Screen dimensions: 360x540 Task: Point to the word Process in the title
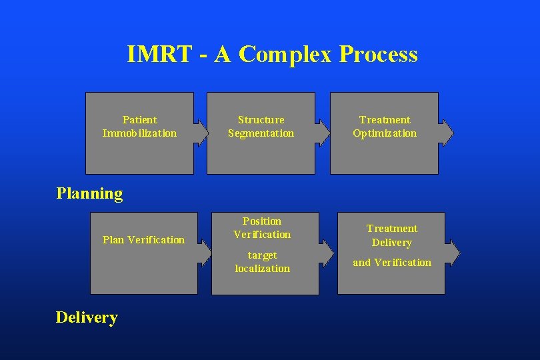378,55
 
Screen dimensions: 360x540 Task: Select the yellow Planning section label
90,194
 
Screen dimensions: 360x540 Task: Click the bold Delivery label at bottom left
87,317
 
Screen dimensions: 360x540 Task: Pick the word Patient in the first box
140,120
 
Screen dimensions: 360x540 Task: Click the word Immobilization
140,133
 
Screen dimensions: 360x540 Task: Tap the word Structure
261,120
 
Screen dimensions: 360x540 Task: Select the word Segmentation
261,133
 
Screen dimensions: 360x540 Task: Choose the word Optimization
385,133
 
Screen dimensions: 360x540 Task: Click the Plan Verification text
143,240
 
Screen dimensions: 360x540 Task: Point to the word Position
262,221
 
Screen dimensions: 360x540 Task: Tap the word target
262,255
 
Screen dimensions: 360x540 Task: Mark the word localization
262,269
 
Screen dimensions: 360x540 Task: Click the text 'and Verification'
392,263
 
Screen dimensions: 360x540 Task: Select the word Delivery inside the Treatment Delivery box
392,243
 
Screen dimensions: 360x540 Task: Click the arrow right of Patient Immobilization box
201,132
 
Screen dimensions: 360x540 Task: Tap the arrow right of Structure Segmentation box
323,132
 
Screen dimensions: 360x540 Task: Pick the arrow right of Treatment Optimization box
447,132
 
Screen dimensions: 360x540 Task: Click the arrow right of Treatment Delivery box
453,253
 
